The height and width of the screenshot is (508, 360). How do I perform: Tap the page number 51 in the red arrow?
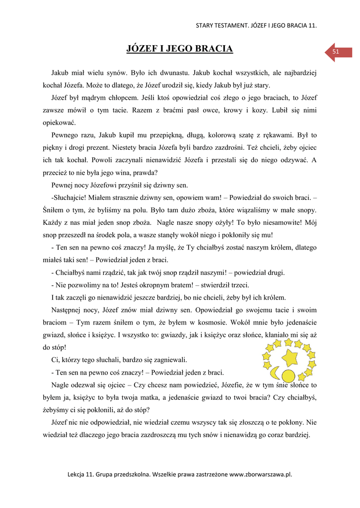click(x=336, y=52)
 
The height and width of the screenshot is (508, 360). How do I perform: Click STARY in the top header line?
click(x=205, y=25)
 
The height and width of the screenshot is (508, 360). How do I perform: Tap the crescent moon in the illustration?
click(x=275, y=371)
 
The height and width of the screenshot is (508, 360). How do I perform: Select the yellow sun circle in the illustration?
click(x=288, y=375)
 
